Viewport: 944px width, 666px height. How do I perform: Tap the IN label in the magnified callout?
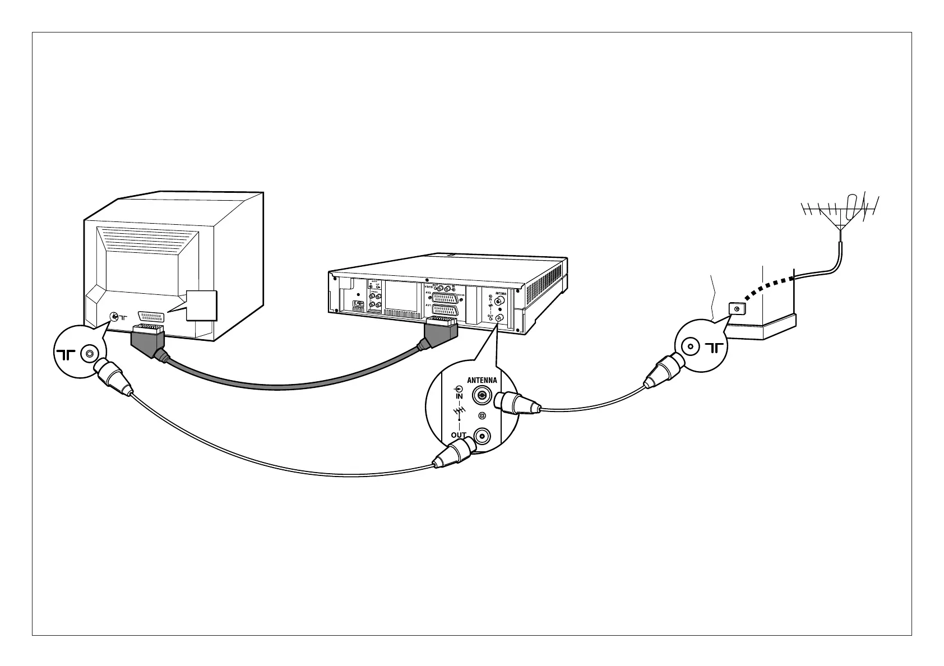[459, 396]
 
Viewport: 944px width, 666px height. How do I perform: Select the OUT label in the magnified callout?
[459, 436]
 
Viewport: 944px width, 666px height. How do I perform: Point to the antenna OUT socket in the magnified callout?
[481, 436]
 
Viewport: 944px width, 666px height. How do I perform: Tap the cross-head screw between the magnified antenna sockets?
[481, 416]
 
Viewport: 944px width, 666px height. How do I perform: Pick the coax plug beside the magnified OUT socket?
[455, 453]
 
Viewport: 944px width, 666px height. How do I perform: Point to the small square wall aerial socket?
[735, 308]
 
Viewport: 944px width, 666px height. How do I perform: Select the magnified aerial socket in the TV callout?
[89, 354]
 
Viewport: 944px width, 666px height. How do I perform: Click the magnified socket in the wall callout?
[690, 348]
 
